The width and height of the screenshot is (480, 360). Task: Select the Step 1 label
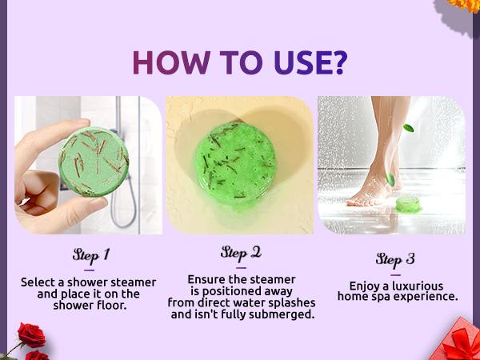(90, 255)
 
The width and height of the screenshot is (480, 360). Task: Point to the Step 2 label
(241, 252)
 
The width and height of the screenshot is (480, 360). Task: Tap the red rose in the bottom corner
(30, 336)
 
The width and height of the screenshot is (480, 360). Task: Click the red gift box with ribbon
(459, 339)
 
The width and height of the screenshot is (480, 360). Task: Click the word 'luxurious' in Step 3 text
(422, 286)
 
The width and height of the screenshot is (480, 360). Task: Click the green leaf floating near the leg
(409, 127)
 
